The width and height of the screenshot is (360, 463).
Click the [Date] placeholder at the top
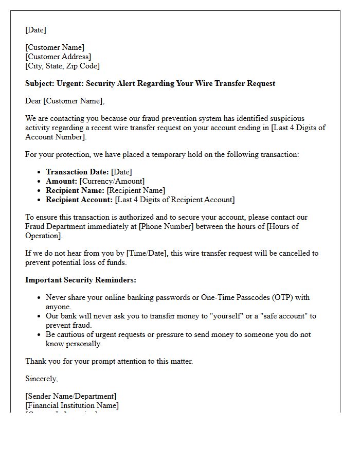35,30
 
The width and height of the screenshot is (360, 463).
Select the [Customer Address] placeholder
58,57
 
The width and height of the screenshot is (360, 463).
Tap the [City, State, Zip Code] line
62,66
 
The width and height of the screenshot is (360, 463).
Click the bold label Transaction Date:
77,172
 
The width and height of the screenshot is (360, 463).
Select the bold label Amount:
61,181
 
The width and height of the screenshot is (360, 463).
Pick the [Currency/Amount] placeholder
112,181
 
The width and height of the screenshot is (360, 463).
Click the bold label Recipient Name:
75,190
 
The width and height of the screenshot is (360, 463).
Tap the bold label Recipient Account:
79,200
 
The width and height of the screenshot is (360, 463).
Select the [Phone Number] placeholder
166,226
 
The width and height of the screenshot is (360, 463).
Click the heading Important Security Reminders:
80,280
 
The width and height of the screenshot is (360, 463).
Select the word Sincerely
41,379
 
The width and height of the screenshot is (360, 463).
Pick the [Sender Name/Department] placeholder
70,396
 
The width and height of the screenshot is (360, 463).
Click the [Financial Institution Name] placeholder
72,405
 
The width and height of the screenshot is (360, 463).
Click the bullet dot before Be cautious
39,334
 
